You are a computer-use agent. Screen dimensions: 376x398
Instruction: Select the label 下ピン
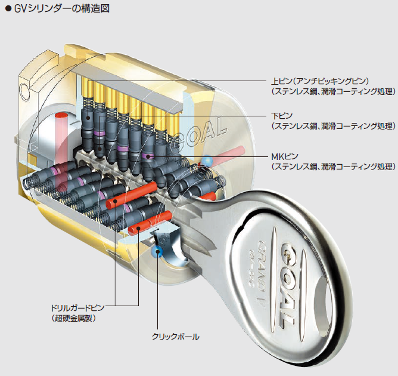coord(282,115)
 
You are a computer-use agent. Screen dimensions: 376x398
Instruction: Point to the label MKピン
coord(285,156)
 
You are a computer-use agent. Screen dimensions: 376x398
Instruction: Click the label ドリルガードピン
coord(78,308)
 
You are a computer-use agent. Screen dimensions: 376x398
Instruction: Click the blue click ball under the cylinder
coord(158,252)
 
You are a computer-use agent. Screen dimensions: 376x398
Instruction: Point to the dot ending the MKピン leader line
coord(148,157)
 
